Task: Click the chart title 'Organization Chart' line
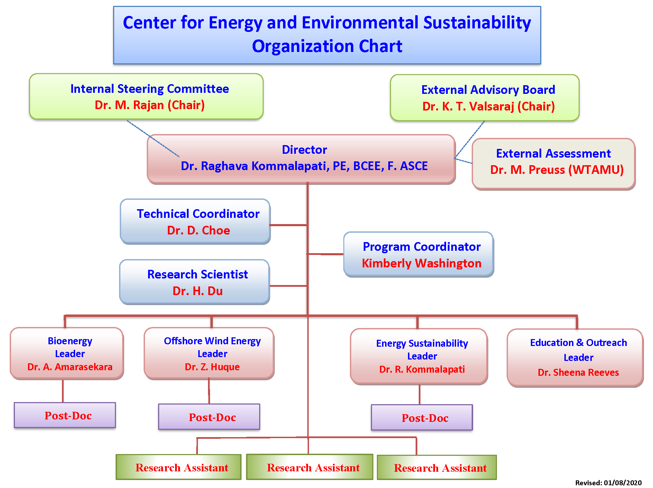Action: click(327, 46)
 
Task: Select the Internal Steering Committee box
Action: click(146, 97)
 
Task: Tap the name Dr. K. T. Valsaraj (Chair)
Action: click(489, 106)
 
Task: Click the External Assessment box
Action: click(554, 164)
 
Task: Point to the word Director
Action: click(305, 150)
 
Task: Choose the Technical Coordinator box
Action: click(195, 221)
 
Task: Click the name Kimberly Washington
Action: click(421, 263)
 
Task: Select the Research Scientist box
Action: click(194, 282)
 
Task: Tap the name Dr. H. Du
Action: click(198, 291)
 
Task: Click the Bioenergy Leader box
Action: click(67, 353)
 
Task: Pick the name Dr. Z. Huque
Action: click(212, 367)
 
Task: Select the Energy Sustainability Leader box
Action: click(419, 356)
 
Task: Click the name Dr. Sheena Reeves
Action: click(578, 372)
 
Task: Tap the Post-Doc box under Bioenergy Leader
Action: click(65, 415)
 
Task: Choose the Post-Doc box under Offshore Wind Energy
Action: click(209, 417)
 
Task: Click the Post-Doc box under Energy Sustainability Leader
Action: click(422, 417)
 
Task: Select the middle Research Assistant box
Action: click(310, 467)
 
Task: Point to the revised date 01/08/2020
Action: click(623, 483)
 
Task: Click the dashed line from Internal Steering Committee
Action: click(153, 139)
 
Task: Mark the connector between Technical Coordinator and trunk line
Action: click(288, 225)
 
